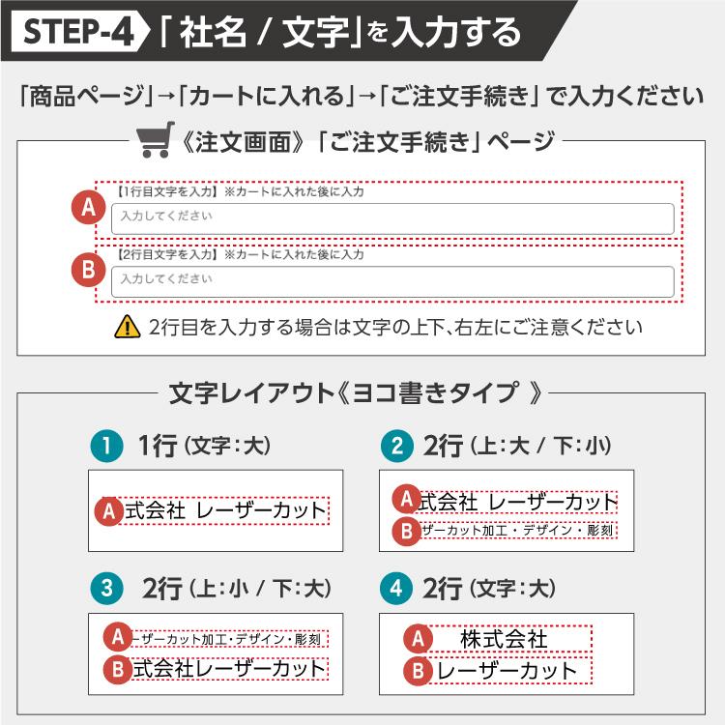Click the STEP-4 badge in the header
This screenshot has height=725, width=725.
point(79,31)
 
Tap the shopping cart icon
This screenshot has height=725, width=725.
point(156,139)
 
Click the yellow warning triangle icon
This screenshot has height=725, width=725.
point(128,327)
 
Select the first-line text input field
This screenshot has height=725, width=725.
point(392,218)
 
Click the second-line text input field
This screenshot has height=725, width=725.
point(392,281)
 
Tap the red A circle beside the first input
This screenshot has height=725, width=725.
point(88,207)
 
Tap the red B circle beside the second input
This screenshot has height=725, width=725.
point(88,270)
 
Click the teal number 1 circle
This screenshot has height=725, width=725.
point(106,446)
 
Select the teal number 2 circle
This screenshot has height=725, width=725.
point(397,446)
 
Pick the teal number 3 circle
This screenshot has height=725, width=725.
point(106,588)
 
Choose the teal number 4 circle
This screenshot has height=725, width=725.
point(396,588)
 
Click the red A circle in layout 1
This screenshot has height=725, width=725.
point(109,511)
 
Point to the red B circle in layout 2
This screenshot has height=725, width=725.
point(406,531)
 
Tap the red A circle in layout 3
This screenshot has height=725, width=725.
point(118,637)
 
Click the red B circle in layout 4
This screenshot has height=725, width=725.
point(418,671)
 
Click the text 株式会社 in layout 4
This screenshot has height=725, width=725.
point(504,639)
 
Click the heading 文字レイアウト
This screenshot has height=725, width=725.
point(252,393)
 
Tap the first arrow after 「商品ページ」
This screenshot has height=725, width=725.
point(166,97)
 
